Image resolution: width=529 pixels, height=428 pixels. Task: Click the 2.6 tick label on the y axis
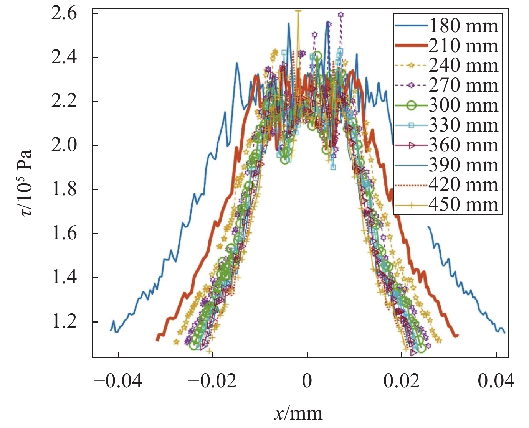pos(64,14)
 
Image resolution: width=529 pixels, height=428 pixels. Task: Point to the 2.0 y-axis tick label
pos(64,146)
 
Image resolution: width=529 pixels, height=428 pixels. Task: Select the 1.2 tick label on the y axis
pos(64,322)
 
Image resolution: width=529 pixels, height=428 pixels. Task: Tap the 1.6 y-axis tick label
pos(64,234)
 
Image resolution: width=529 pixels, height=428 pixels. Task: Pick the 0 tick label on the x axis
pos(307,381)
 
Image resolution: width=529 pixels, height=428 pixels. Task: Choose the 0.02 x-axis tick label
pos(402,381)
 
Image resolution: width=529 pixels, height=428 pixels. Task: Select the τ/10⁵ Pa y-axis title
pos(27,183)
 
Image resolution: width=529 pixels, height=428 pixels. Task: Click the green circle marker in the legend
pos(411,105)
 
